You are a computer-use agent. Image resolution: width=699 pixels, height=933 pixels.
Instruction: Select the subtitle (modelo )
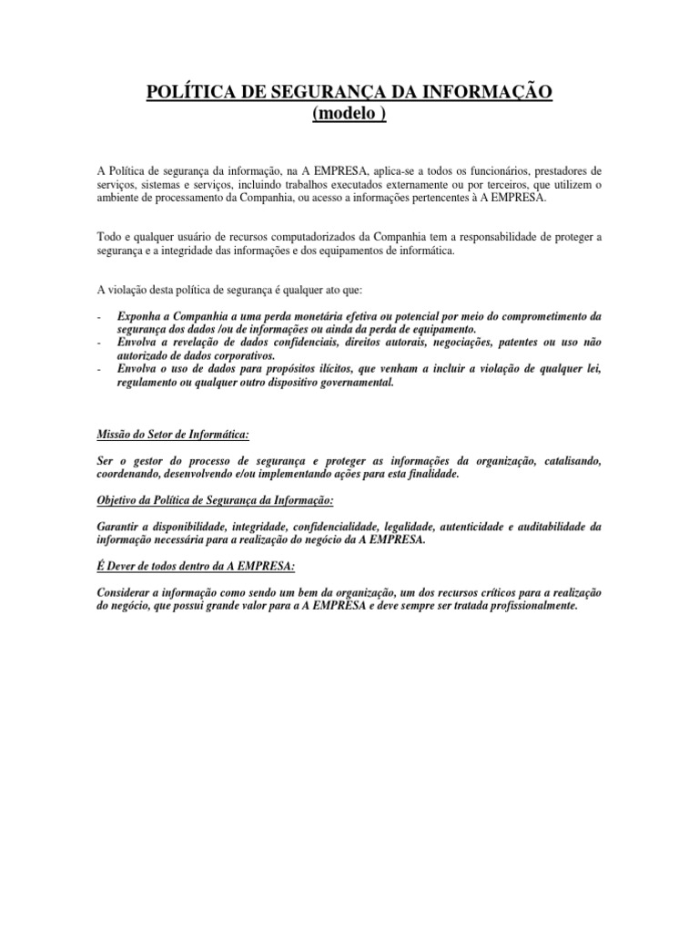click(349, 114)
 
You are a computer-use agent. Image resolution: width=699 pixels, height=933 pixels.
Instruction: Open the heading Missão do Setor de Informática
click(172, 435)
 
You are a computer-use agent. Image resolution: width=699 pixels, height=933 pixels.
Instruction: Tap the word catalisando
click(570, 461)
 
